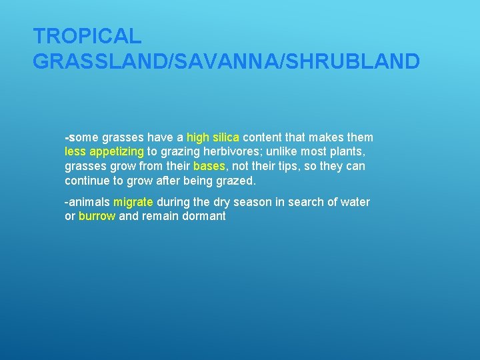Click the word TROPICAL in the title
click(87, 36)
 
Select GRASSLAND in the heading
click(101, 61)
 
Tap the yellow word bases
click(209, 166)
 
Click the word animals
click(89, 202)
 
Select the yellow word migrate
click(133, 202)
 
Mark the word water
click(354, 202)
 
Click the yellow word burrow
click(97, 216)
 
